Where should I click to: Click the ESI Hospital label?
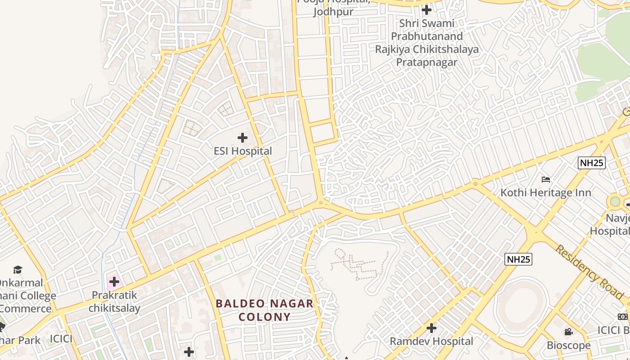[x=243, y=151]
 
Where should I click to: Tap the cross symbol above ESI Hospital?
[x=243, y=137]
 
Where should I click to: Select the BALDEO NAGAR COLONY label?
[x=265, y=310]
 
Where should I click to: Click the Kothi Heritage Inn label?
[x=546, y=193]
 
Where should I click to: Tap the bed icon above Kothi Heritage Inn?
[x=546, y=180]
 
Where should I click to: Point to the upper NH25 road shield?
[x=591, y=163]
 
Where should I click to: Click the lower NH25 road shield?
[x=518, y=259]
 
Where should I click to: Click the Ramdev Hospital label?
[x=431, y=341]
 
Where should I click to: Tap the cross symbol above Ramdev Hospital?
[x=431, y=328]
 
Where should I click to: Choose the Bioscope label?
[x=568, y=345]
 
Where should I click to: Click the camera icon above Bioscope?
[x=568, y=332]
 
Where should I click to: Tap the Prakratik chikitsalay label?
[x=114, y=301]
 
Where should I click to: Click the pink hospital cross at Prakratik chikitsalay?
[x=114, y=282]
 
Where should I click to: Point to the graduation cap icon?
[x=18, y=270]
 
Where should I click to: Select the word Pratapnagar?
[x=426, y=62]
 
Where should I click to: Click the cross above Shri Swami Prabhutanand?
[x=426, y=9]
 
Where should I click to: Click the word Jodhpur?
[x=333, y=12]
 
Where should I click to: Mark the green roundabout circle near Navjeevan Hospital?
[x=615, y=201]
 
